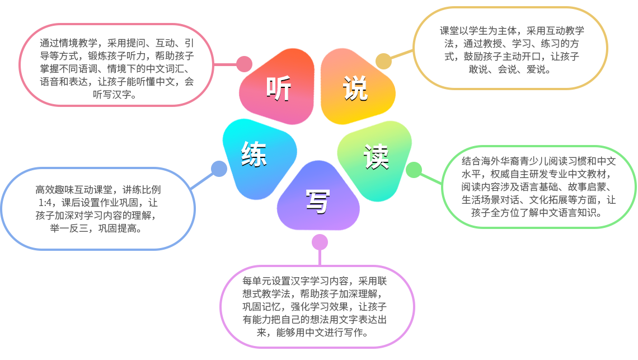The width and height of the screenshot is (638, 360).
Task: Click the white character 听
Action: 278,88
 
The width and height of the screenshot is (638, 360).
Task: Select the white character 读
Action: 376,157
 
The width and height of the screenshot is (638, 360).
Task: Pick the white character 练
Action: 254,153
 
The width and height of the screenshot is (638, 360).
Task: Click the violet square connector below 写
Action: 319,242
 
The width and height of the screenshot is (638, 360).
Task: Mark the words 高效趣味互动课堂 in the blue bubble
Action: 71,189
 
